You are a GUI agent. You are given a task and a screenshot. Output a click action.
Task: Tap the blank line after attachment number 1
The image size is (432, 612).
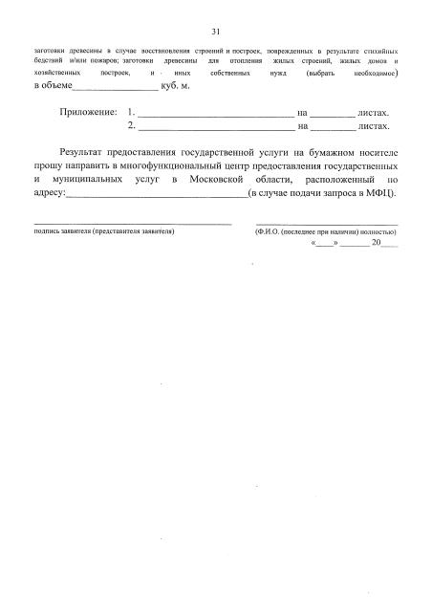215,115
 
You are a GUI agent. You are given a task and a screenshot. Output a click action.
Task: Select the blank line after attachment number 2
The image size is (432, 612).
215,127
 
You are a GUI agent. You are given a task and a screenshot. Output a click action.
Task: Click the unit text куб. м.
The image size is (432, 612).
178,86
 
